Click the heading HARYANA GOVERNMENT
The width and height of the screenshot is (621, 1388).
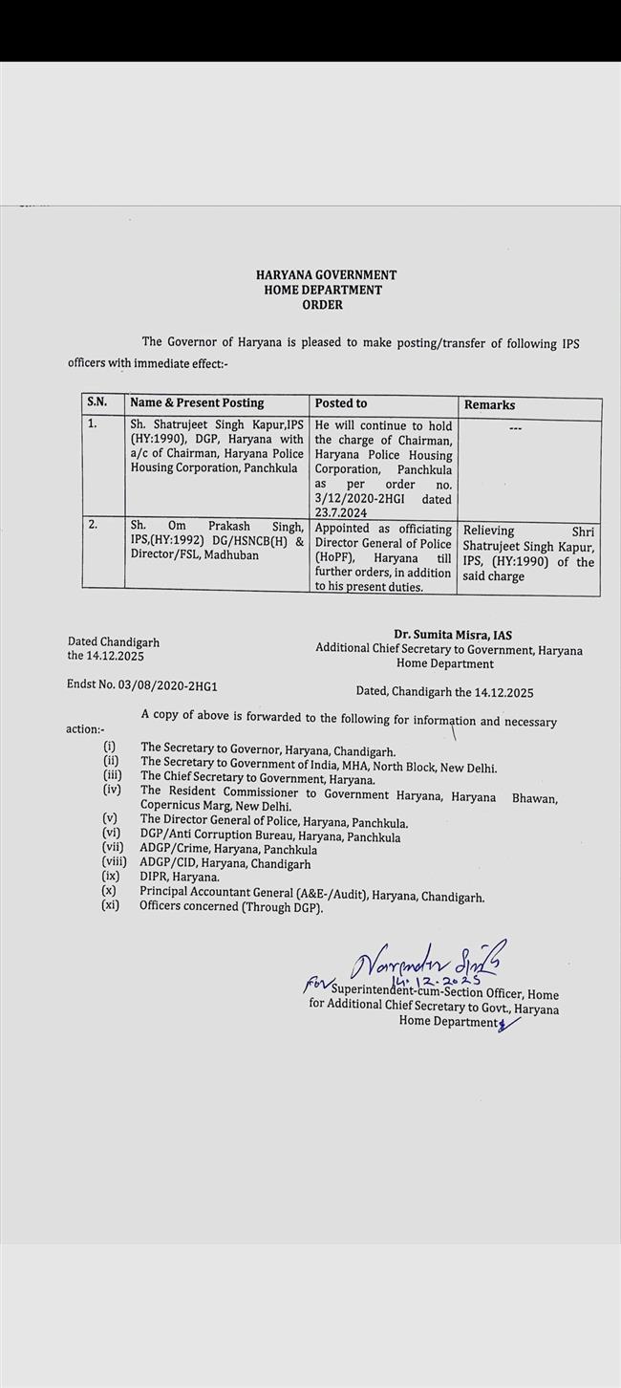coord(326,274)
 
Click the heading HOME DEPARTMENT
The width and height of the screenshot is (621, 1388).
coord(323,290)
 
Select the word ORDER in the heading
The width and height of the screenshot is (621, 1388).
coord(322,305)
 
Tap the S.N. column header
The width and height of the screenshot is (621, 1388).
coord(97,403)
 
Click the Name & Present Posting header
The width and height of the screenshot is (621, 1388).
coord(197,403)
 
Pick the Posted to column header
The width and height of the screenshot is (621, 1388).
coord(341,403)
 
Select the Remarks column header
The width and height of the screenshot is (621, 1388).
coord(489,405)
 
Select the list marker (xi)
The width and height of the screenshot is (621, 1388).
coord(111,904)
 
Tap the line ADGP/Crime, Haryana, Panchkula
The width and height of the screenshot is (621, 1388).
coord(228,849)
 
